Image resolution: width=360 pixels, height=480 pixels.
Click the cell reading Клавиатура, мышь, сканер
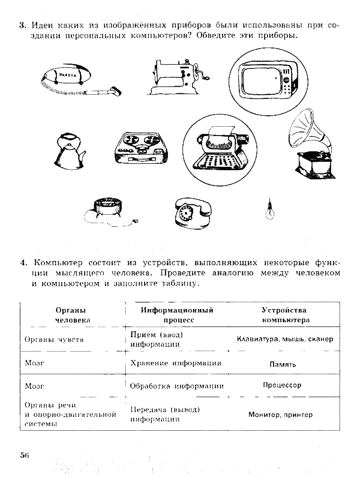(284, 339)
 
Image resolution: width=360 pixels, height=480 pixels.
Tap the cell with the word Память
(283, 364)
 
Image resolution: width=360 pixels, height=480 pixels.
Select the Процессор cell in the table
(282, 385)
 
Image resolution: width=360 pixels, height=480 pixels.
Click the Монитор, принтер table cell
(280, 415)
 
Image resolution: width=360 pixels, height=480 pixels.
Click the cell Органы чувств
(54, 340)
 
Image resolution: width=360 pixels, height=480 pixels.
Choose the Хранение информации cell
(176, 364)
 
